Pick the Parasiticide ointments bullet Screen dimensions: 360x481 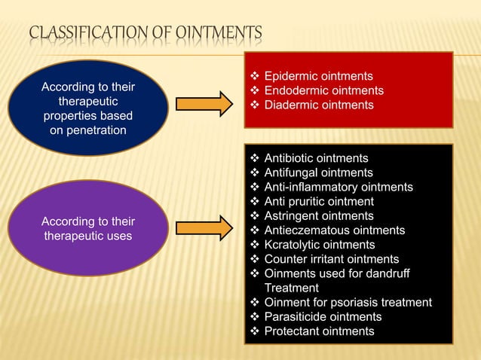pyautogui.click(x=323, y=316)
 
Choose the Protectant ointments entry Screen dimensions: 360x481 pyautogui.click(x=319, y=331)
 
